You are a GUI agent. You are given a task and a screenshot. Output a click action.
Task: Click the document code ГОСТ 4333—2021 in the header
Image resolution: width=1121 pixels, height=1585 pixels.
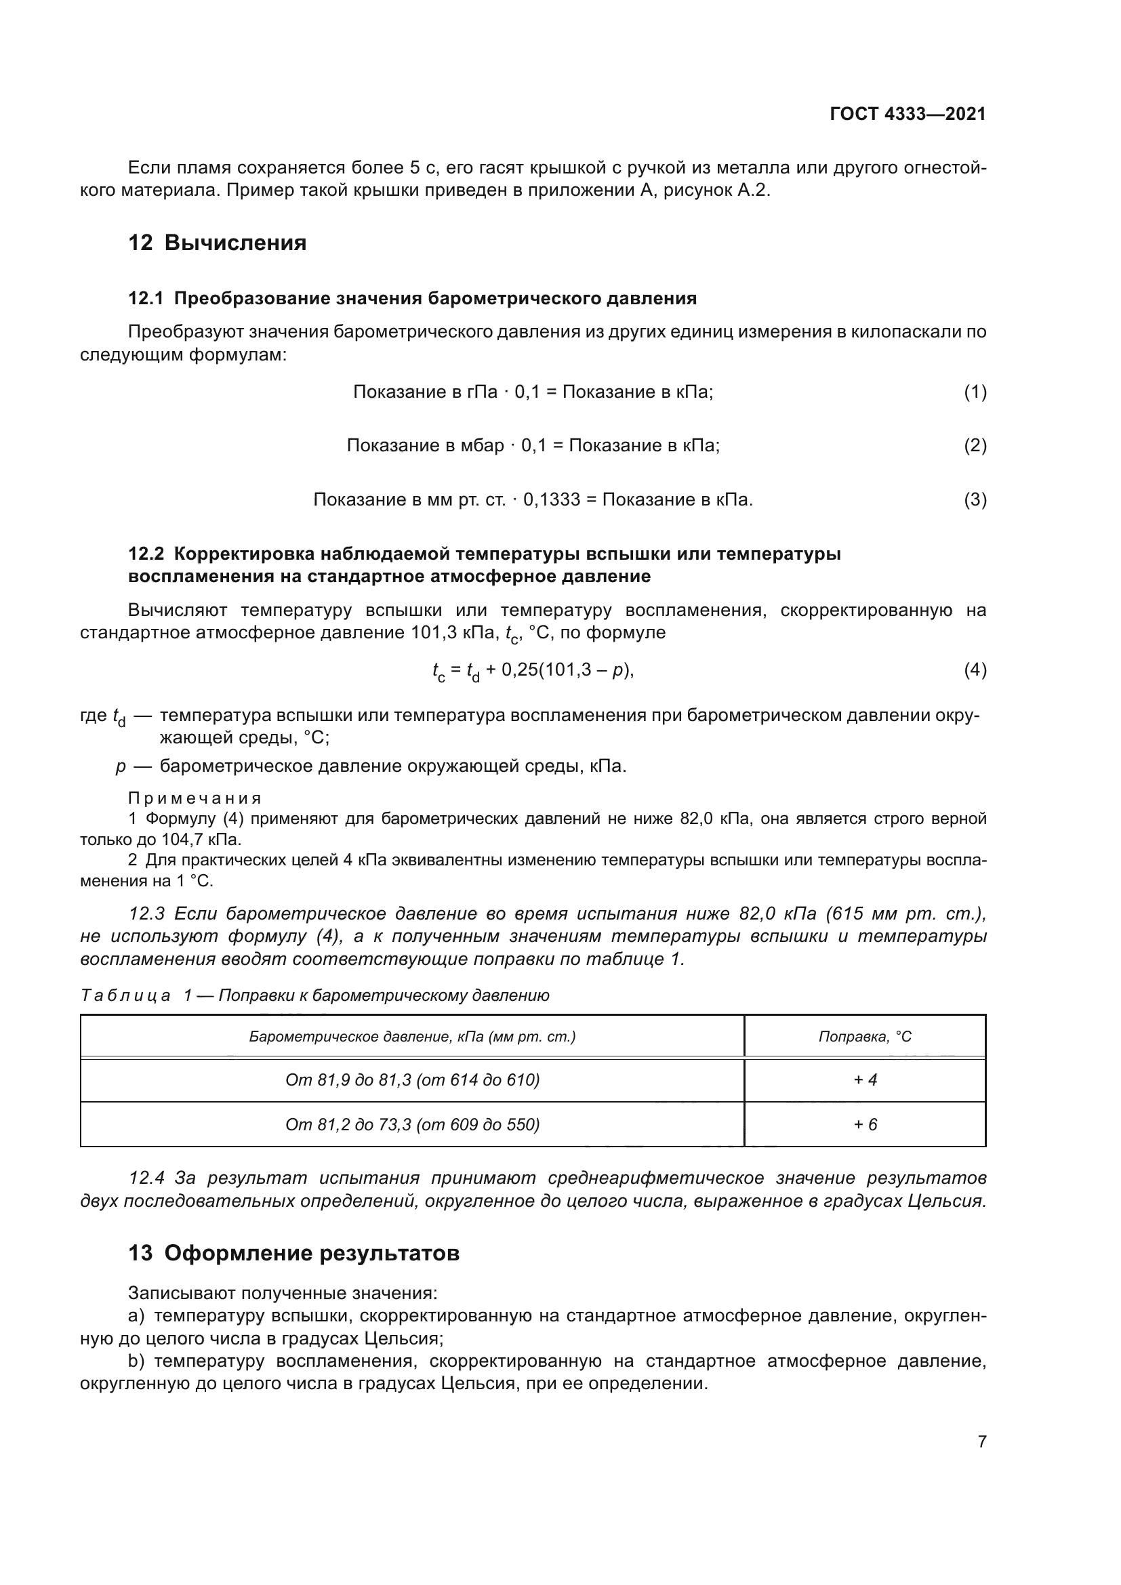tap(907, 114)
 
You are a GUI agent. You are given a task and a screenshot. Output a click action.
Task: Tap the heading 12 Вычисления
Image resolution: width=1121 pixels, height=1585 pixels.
tap(217, 243)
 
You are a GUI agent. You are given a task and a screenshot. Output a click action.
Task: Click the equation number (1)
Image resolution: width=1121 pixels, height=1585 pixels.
tap(975, 392)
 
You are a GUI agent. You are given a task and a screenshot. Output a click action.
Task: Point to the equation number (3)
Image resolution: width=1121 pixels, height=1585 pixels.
tap(975, 499)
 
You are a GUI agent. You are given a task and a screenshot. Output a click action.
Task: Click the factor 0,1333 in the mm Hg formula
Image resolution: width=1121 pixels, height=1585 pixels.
tap(552, 499)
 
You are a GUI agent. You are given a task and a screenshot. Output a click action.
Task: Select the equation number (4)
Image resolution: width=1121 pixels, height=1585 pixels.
tap(975, 670)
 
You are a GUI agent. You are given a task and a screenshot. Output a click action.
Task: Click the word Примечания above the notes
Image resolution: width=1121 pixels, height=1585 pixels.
tap(195, 798)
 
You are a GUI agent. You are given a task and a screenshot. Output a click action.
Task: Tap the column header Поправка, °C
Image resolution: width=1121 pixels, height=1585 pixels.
tap(864, 1036)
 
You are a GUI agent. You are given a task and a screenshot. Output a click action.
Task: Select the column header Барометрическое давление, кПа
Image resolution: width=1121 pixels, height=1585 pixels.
tap(412, 1036)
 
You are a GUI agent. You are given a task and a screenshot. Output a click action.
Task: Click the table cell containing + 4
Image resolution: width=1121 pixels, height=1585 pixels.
tap(865, 1079)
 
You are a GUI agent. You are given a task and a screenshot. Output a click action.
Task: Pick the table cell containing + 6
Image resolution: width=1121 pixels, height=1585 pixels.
tap(865, 1125)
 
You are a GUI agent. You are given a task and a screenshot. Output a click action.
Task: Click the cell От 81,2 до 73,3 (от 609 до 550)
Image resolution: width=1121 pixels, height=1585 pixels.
tap(412, 1125)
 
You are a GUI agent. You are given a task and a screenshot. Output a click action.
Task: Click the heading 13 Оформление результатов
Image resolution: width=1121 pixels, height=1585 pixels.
tap(293, 1253)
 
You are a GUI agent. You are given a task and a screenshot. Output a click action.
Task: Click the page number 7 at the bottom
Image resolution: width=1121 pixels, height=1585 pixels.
tap(981, 1441)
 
